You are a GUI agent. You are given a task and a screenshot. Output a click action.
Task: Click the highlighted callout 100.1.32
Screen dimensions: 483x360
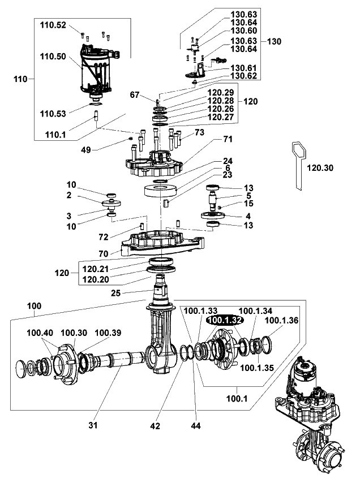(x=225, y=320)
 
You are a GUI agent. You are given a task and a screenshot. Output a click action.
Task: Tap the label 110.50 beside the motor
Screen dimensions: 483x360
(x=53, y=58)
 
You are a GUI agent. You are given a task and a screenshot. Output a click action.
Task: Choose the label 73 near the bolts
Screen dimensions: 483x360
(x=199, y=132)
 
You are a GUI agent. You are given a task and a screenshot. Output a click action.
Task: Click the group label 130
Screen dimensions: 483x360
(x=274, y=41)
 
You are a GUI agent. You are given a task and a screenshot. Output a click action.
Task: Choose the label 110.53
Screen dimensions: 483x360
(x=53, y=113)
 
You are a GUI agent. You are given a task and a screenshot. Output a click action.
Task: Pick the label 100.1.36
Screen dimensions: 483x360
(x=282, y=320)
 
